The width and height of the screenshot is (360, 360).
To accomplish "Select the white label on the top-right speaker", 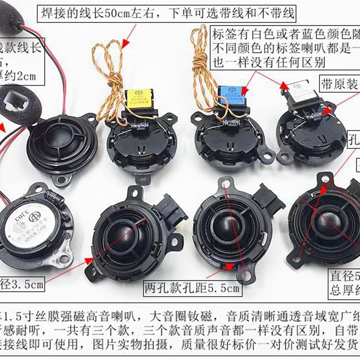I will pyautogui.click(x=301, y=91).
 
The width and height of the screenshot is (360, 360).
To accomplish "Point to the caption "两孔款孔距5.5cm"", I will pyautogui.click(x=192, y=287).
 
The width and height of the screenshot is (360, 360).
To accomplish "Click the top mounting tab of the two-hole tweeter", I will pyautogui.click(x=225, y=184).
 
